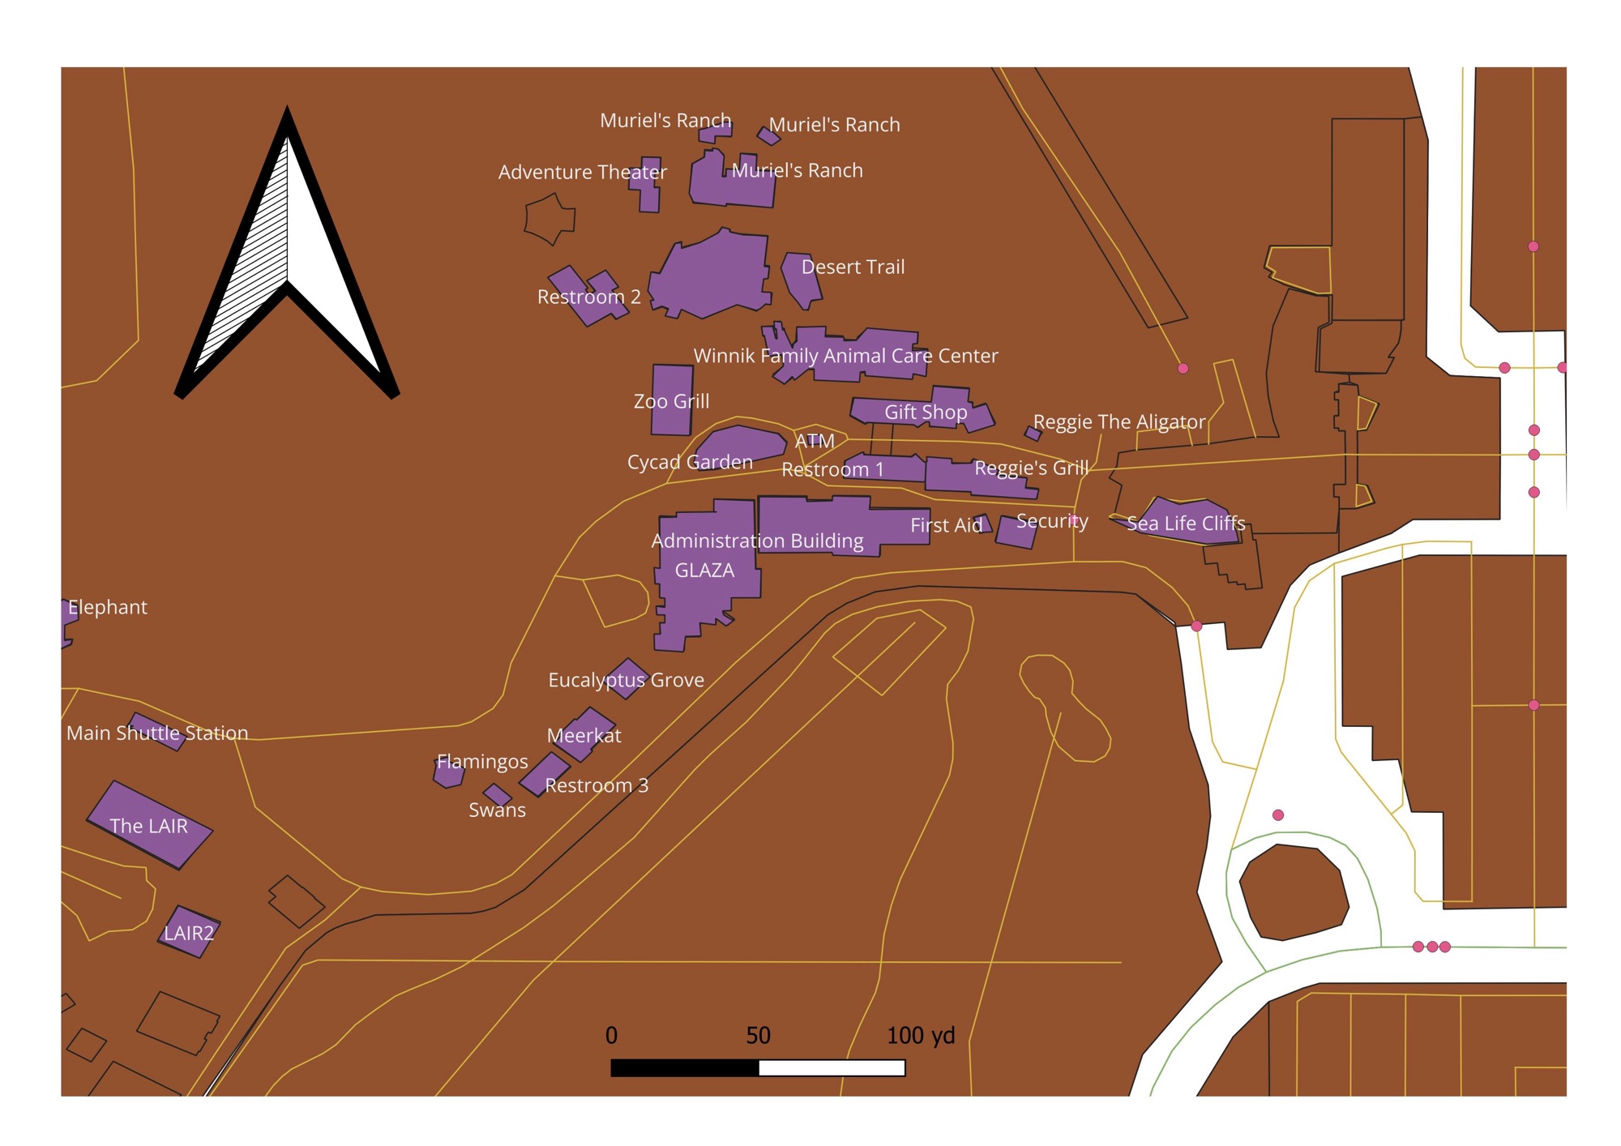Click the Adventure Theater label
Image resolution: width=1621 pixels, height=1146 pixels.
tap(582, 173)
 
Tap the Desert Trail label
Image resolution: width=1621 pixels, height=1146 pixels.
tap(853, 267)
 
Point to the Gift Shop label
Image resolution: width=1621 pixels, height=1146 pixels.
tap(926, 413)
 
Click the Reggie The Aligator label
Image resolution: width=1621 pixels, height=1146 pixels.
tap(1118, 422)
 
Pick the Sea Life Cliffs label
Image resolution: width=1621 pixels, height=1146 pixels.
tap(1186, 524)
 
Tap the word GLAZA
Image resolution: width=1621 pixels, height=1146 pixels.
tap(704, 571)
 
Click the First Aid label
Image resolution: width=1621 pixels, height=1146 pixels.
tap(946, 526)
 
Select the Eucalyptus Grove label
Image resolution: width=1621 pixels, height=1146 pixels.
tap(626, 680)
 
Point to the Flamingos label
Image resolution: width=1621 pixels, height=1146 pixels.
tap(482, 762)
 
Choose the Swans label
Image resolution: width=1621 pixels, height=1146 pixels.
tap(497, 810)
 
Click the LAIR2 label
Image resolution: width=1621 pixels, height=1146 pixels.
tap(189, 934)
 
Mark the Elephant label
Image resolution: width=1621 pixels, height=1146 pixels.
tap(108, 608)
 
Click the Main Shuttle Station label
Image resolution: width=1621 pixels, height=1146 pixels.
tap(157, 733)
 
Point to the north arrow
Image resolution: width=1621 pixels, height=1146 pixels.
tap(287, 251)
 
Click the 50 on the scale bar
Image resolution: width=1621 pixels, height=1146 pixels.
tap(758, 1036)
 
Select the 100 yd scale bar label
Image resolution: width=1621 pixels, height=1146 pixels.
tap(921, 1036)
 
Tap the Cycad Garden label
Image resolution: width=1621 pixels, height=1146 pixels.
tap(690, 463)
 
